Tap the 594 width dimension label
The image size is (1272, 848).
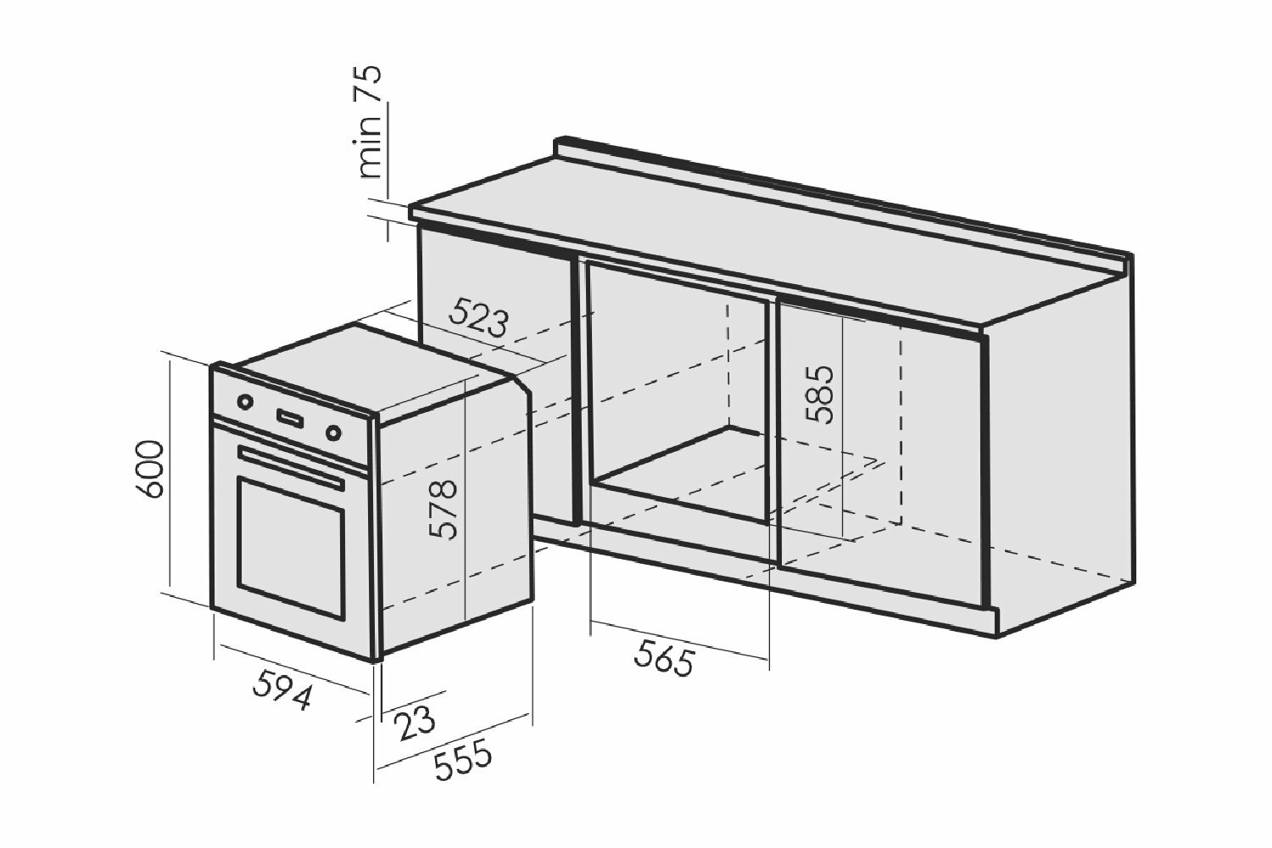[x=283, y=689]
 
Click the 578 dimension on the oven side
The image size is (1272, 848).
[x=444, y=509]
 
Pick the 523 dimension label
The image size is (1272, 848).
[x=478, y=318]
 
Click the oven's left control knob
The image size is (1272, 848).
[x=244, y=401]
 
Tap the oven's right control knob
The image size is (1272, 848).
[x=334, y=432]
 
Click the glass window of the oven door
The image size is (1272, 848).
[x=291, y=548]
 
